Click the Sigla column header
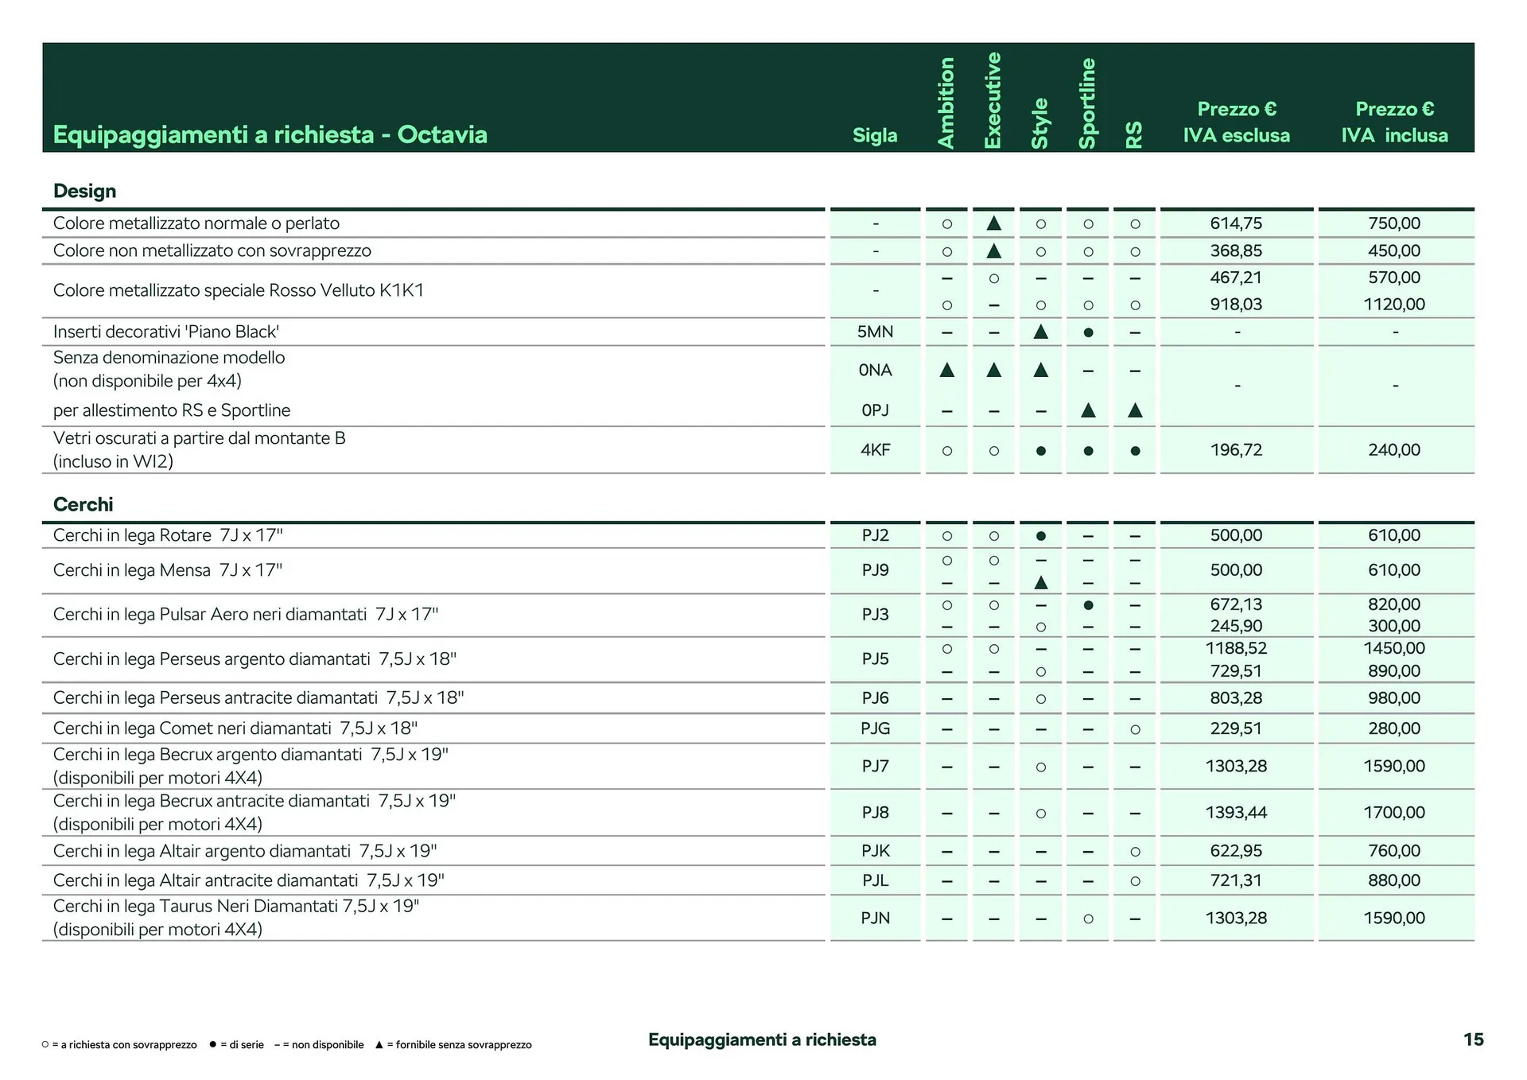pyautogui.click(x=875, y=135)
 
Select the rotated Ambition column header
pyautogui.click(x=946, y=103)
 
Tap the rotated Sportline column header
pyautogui.click(x=1087, y=103)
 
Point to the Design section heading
pyautogui.click(x=84, y=191)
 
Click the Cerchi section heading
pyautogui.click(x=83, y=504)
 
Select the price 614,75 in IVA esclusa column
pyautogui.click(x=1236, y=223)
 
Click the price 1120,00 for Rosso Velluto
pyautogui.click(x=1394, y=304)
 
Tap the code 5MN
pyautogui.click(x=875, y=332)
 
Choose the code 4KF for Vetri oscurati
pyautogui.click(x=875, y=449)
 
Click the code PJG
pyautogui.click(x=875, y=728)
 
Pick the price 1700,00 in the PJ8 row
pyautogui.click(x=1394, y=812)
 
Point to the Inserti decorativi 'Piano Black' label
pyautogui.click(x=166, y=332)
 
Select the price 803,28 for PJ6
pyautogui.click(x=1236, y=697)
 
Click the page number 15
pyautogui.click(x=1473, y=1039)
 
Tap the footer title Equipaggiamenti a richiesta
pyautogui.click(x=762, y=1039)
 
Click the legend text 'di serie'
pyautogui.click(x=242, y=1045)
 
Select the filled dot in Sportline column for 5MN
pyautogui.click(x=1088, y=332)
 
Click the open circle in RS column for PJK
pyautogui.click(x=1135, y=852)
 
